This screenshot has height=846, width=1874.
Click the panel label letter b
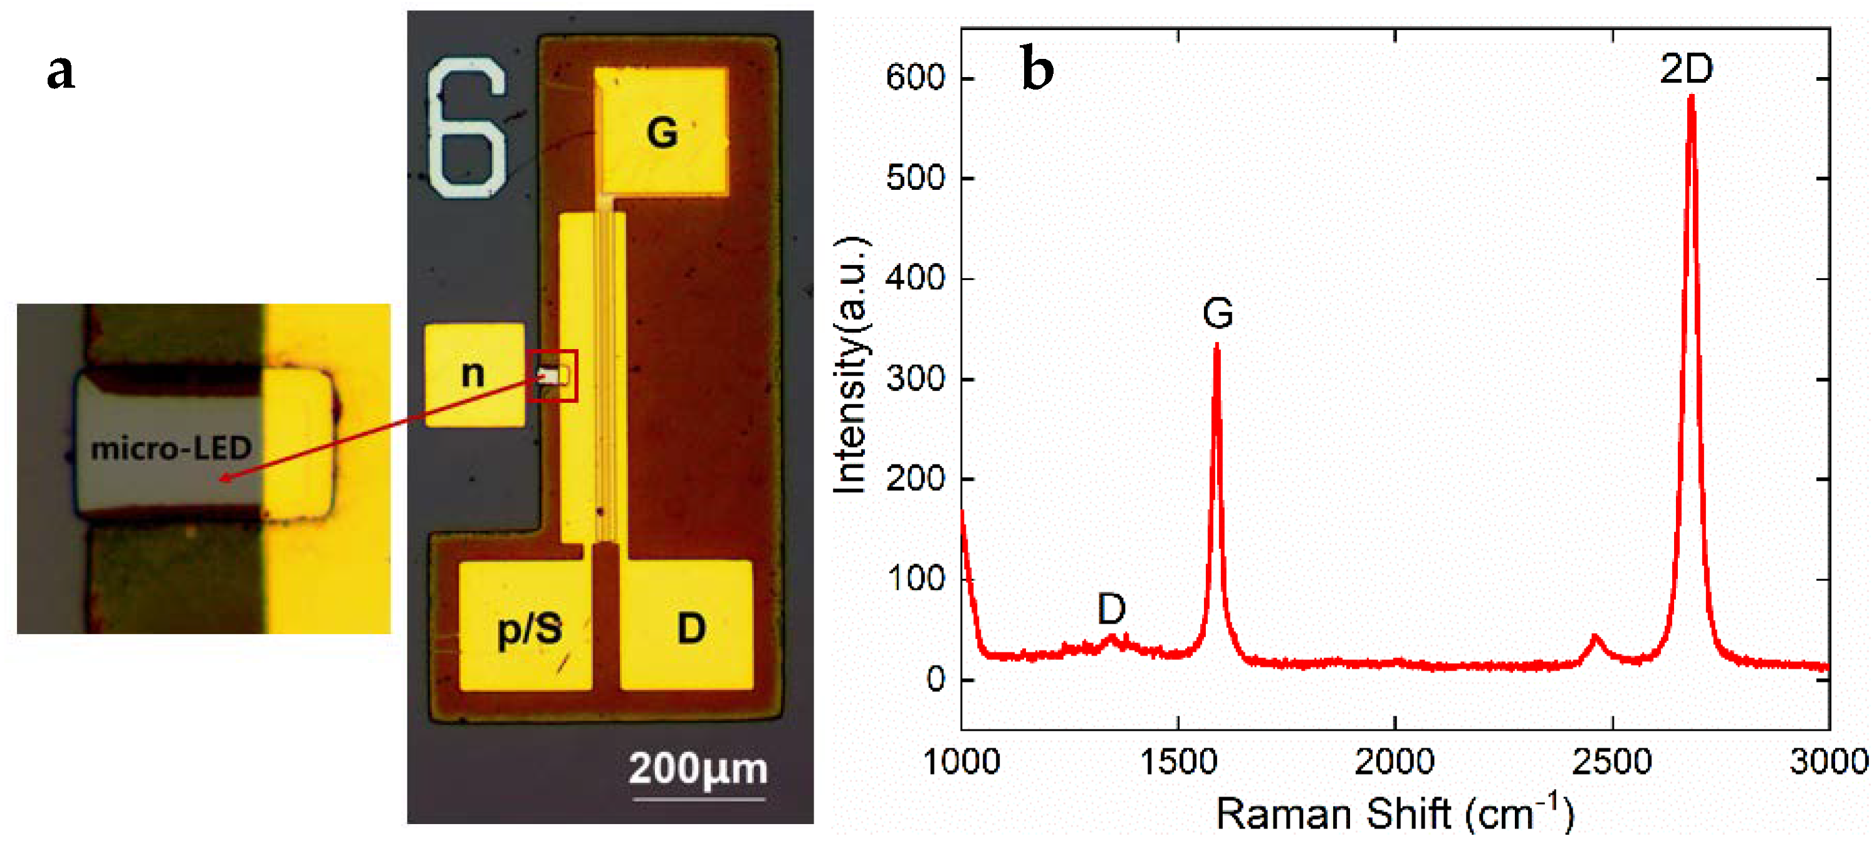click(1037, 68)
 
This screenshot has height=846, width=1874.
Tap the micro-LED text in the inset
click(171, 448)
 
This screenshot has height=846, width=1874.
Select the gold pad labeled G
click(661, 132)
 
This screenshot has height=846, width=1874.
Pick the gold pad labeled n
click(474, 375)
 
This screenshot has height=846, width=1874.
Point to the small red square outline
click(552, 375)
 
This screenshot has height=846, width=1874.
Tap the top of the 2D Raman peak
click(1692, 98)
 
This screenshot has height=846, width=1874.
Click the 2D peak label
click(1685, 69)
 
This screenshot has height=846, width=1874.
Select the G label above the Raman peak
click(1217, 313)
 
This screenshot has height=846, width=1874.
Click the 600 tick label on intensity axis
click(914, 77)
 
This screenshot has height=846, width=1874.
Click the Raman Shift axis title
click(1394, 813)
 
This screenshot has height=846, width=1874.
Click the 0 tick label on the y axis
click(936, 679)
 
